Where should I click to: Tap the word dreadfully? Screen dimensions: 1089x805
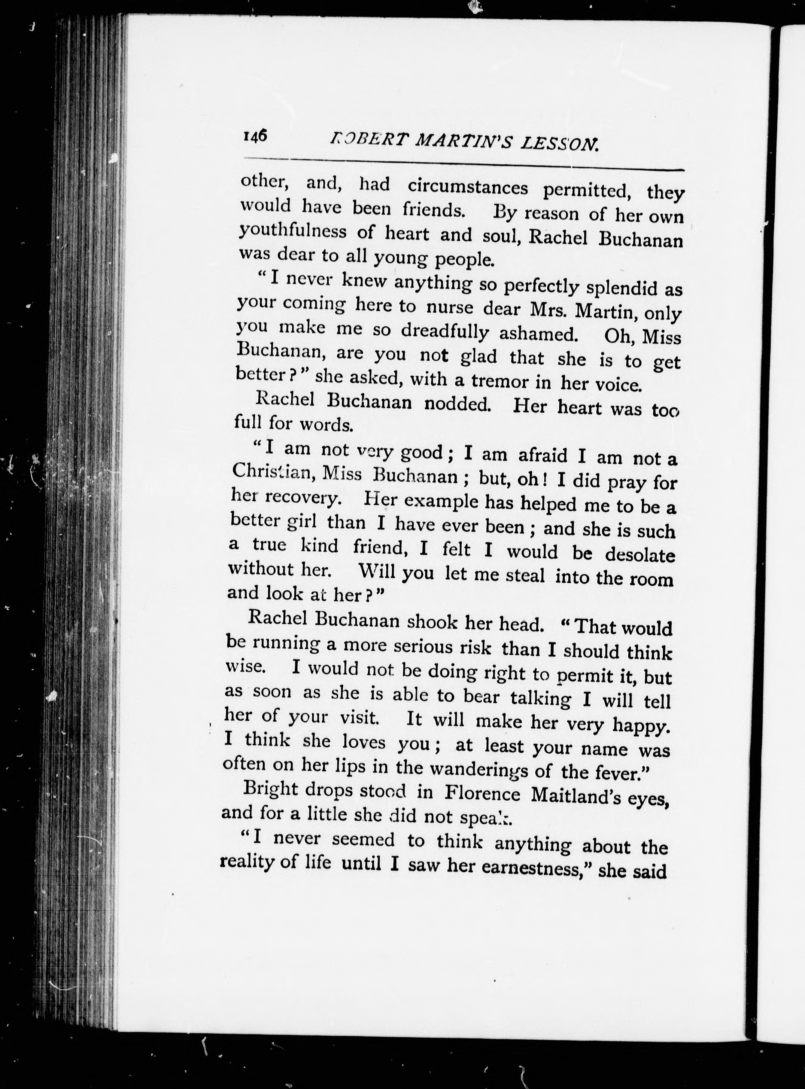click(445, 332)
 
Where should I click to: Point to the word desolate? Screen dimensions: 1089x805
click(640, 555)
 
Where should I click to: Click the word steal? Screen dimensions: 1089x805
click(525, 576)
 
